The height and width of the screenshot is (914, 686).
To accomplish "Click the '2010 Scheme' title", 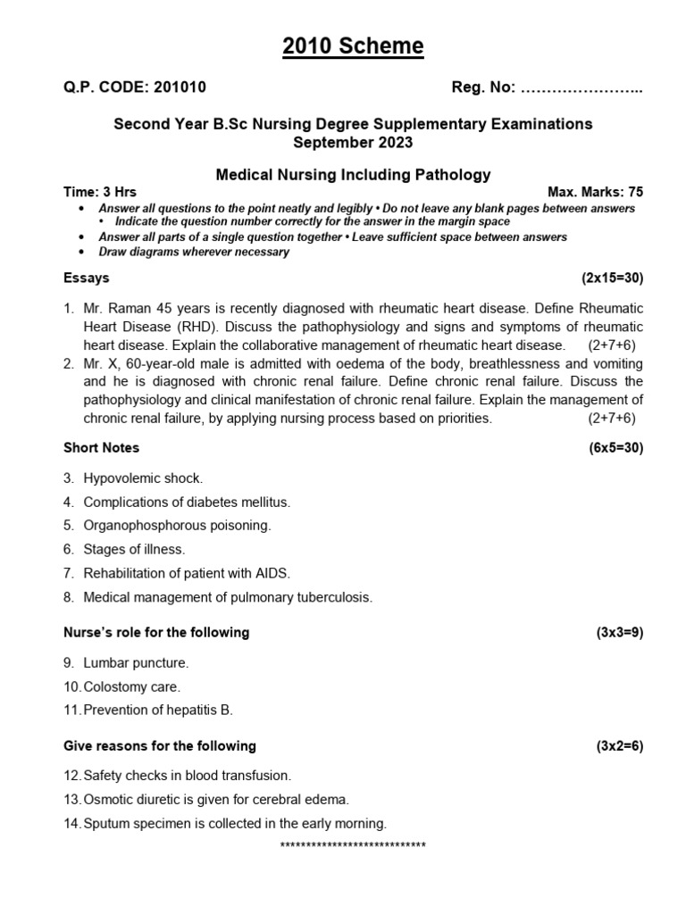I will (353, 46).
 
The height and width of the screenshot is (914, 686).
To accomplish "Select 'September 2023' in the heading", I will (353, 142).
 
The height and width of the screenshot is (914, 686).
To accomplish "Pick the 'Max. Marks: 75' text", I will (595, 192).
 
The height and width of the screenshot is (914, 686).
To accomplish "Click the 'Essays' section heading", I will (87, 278).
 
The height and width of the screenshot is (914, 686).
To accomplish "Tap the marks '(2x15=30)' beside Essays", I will (612, 278).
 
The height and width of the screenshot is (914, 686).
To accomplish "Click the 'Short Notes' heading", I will (101, 447).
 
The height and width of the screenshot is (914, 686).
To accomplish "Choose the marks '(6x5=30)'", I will (615, 447).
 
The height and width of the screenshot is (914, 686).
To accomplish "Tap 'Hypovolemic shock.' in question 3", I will (143, 478).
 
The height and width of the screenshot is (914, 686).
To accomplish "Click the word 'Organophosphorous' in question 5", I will (138, 526).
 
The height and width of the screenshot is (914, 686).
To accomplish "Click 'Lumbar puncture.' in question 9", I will (136, 663).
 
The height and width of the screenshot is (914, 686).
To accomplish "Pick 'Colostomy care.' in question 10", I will (132, 686).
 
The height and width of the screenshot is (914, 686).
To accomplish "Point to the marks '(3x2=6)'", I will (619, 746).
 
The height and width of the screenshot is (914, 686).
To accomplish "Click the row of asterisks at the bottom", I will (353, 845).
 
